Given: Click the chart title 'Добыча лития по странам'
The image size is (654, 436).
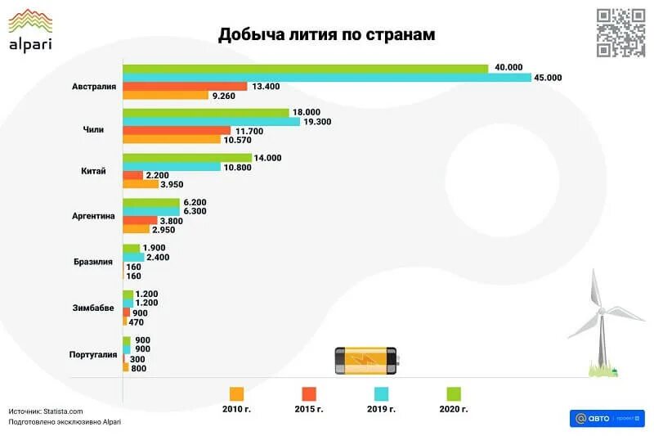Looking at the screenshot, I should click(x=326, y=35).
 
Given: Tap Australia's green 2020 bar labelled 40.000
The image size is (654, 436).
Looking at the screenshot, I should click(x=306, y=68).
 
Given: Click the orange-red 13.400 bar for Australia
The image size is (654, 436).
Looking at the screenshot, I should click(x=185, y=86).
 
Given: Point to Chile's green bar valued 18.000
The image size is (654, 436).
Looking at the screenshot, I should click(x=206, y=112).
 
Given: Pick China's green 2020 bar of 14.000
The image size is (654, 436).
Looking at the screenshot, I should click(x=187, y=158).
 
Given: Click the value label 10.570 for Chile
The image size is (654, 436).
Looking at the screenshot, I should click(x=240, y=139).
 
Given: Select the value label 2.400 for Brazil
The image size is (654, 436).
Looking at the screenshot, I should click(x=156, y=257).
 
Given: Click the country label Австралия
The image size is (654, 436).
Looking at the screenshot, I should click(x=94, y=86).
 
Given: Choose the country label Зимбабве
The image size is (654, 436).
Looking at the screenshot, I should click(x=94, y=308).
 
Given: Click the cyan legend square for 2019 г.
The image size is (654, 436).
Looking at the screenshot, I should click(x=382, y=393).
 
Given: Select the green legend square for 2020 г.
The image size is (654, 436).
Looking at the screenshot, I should click(x=454, y=393).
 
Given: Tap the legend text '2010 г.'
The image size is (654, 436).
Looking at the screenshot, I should click(x=237, y=409).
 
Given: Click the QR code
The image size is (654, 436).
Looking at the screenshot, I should click(x=620, y=32).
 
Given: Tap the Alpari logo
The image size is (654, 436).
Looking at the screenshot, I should click(x=30, y=30).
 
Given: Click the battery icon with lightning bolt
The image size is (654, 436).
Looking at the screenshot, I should click(x=365, y=361).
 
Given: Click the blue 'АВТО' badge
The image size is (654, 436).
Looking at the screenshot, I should click(x=607, y=418).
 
